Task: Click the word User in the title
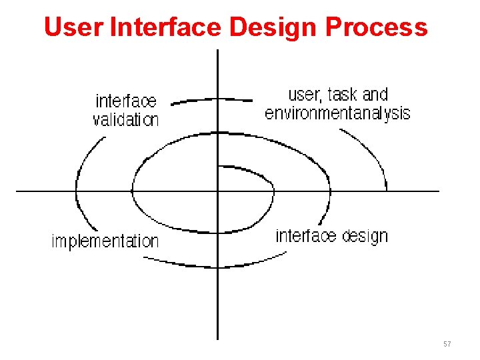(x=73, y=27)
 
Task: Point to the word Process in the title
(x=377, y=27)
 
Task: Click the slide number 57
(x=447, y=344)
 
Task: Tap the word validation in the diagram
(x=126, y=120)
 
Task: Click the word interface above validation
(x=126, y=101)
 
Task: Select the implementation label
(x=105, y=241)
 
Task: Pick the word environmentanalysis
(x=337, y=113)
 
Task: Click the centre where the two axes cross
(x=218, y=191)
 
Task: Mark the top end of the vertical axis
(x=218, y=51)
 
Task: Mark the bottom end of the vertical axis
(x=218, y=339)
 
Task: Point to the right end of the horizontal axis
(x=438, y=191)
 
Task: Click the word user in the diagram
(x=303, y=95)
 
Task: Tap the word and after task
(x=375, y=95)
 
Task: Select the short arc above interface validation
(x=210, y=100)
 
